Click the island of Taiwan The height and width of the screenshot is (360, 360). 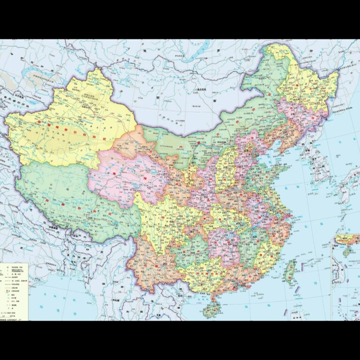291,271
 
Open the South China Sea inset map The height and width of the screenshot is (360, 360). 345,277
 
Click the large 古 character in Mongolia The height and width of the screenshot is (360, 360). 215,100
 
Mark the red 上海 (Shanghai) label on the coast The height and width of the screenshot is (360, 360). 290,216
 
